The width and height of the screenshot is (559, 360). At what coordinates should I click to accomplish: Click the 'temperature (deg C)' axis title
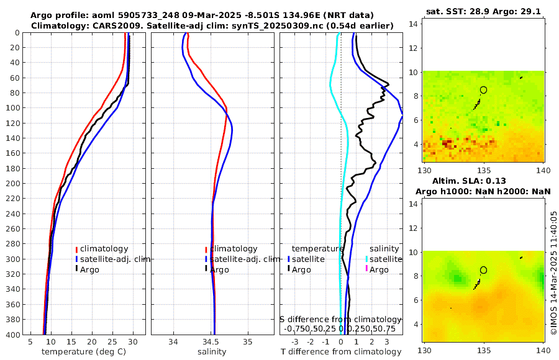[86, 352]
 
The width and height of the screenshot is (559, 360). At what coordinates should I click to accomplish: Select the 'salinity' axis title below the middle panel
[212, 352]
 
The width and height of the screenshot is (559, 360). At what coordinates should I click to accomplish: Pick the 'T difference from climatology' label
[341, 352]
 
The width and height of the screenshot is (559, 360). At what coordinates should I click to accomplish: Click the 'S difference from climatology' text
[340, 319]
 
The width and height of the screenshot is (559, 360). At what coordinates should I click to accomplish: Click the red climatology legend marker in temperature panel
[76, 249]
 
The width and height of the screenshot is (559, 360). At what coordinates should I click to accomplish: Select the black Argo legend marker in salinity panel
[206, 269]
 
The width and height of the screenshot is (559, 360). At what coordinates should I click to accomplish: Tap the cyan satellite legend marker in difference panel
[366, 259]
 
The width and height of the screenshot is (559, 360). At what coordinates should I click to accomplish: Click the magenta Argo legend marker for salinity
[366, 269]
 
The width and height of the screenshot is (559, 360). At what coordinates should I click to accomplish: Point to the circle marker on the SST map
[484, 90]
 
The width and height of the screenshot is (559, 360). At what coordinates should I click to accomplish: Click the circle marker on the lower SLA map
[484, 270]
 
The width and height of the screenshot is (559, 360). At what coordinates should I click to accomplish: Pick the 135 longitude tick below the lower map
[484, 350]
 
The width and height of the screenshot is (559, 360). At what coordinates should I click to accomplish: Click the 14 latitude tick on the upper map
[412, 23]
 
